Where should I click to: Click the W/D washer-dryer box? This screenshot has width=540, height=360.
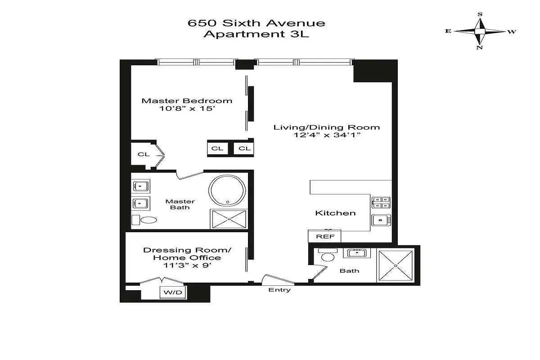(x=173, y=292)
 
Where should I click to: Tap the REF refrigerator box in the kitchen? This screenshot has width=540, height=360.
(x=324, y=236)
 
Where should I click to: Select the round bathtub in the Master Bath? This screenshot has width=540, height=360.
(x=227, y=190)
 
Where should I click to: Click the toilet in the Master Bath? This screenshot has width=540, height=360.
(x=144, y=220)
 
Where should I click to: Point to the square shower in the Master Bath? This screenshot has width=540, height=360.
(x=229, y=219)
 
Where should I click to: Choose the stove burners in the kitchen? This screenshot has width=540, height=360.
(x=381, y=202)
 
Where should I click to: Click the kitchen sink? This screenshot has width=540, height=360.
(x=381, y=220)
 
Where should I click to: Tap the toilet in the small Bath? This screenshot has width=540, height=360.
(x=328, y=255)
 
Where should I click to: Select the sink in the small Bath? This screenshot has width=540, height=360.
(x=357, y=253)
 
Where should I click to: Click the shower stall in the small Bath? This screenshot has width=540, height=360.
(x=396, y=265)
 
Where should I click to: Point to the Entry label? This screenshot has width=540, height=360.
(x=279, y=290)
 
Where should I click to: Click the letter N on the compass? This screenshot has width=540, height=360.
(x=480, y=48)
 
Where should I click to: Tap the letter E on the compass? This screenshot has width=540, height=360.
(x=448, y=31)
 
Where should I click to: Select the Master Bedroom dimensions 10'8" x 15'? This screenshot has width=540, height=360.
(x=187, y=108)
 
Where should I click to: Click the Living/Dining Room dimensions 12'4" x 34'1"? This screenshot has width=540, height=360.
(x=327, y=135)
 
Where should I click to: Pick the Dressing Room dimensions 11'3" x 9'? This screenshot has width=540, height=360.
(x=187, y=265)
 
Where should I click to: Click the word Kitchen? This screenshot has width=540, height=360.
(x=335, y=213)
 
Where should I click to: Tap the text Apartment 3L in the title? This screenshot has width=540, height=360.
(x=256, y=34)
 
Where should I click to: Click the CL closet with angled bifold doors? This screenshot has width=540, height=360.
(x=148, y=155)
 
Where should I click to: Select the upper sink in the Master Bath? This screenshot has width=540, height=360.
(x=141, y=186)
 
